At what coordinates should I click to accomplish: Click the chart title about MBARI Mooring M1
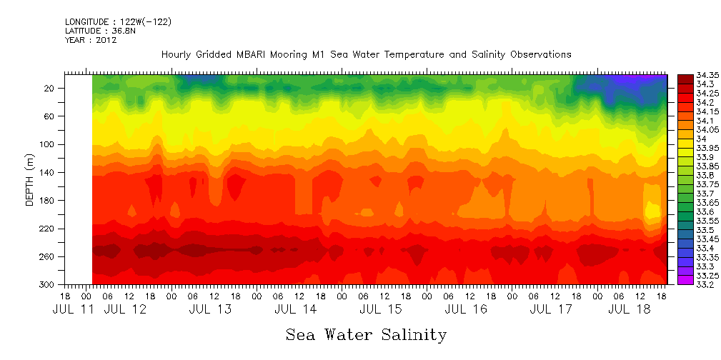tap(366, 55)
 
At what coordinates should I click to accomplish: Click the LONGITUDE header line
tap(118, 22)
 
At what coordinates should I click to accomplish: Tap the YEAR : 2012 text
tap(91, 40)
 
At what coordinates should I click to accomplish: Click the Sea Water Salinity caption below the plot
tap(366, 334)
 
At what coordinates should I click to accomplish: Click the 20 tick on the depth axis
tap(51, 88)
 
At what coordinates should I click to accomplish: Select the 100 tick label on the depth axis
tap(49, 144)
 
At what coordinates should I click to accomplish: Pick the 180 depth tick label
tap(49, 201)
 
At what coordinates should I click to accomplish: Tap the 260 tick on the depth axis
tap(49, 256)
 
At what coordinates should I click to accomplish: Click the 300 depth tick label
tap(49, 284)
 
